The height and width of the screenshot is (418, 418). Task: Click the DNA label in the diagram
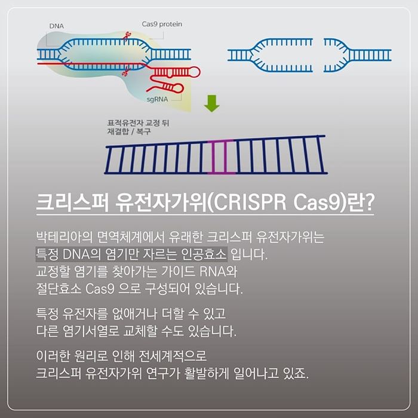(x=57, y=26)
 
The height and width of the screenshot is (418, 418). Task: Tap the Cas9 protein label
(x=162, y=24)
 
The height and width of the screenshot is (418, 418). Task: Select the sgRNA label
(x=157, y=100)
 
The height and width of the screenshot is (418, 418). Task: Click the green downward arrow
(x=212, y=103)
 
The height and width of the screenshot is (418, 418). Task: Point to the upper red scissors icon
(x=127, y=36)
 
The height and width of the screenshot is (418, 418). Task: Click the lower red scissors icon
(x=124, y=70)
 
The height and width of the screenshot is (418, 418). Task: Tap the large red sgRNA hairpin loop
(x=194, y=72)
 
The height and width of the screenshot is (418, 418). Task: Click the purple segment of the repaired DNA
(x=220, y=156)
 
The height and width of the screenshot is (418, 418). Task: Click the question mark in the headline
(x=368, y=202)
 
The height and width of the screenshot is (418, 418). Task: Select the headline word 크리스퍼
(x=72, y=202)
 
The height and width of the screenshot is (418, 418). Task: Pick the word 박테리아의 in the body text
(x=64, y=237)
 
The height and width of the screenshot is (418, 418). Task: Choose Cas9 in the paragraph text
(x=100, y=288)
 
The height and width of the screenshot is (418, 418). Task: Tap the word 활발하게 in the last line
(x=207, y=373)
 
